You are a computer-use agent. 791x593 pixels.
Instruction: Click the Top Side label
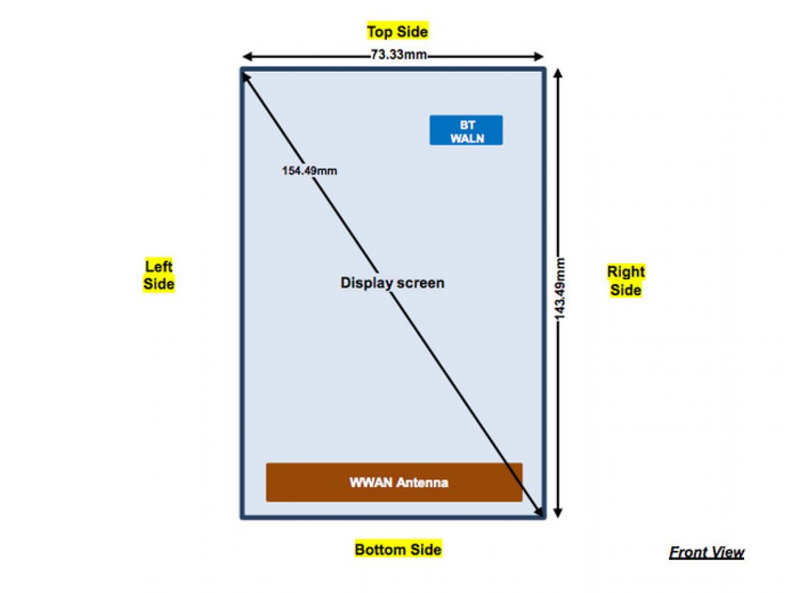[x=397, y=31]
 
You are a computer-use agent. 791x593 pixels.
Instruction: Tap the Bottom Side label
[x=398, y=549]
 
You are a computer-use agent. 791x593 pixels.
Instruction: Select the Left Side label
[x=159, y=275]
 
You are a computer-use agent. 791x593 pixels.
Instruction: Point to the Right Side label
[x=626, y=280]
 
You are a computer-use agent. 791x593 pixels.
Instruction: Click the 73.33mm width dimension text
[x=398, y=55]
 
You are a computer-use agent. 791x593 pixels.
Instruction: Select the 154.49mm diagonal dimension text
[x=309, y=171]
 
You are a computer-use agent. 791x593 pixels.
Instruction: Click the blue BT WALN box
[x=466, y=130]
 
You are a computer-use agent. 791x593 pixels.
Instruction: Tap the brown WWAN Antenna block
[x=394, y=482]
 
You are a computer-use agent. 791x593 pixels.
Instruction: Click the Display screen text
[x=392, y=283]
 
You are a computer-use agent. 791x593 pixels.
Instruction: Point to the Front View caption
[x=707, y=552]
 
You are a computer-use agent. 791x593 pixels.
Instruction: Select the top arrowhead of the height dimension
[x=558, y=73]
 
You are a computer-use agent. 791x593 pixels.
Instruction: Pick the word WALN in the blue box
[x=467, y=138]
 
